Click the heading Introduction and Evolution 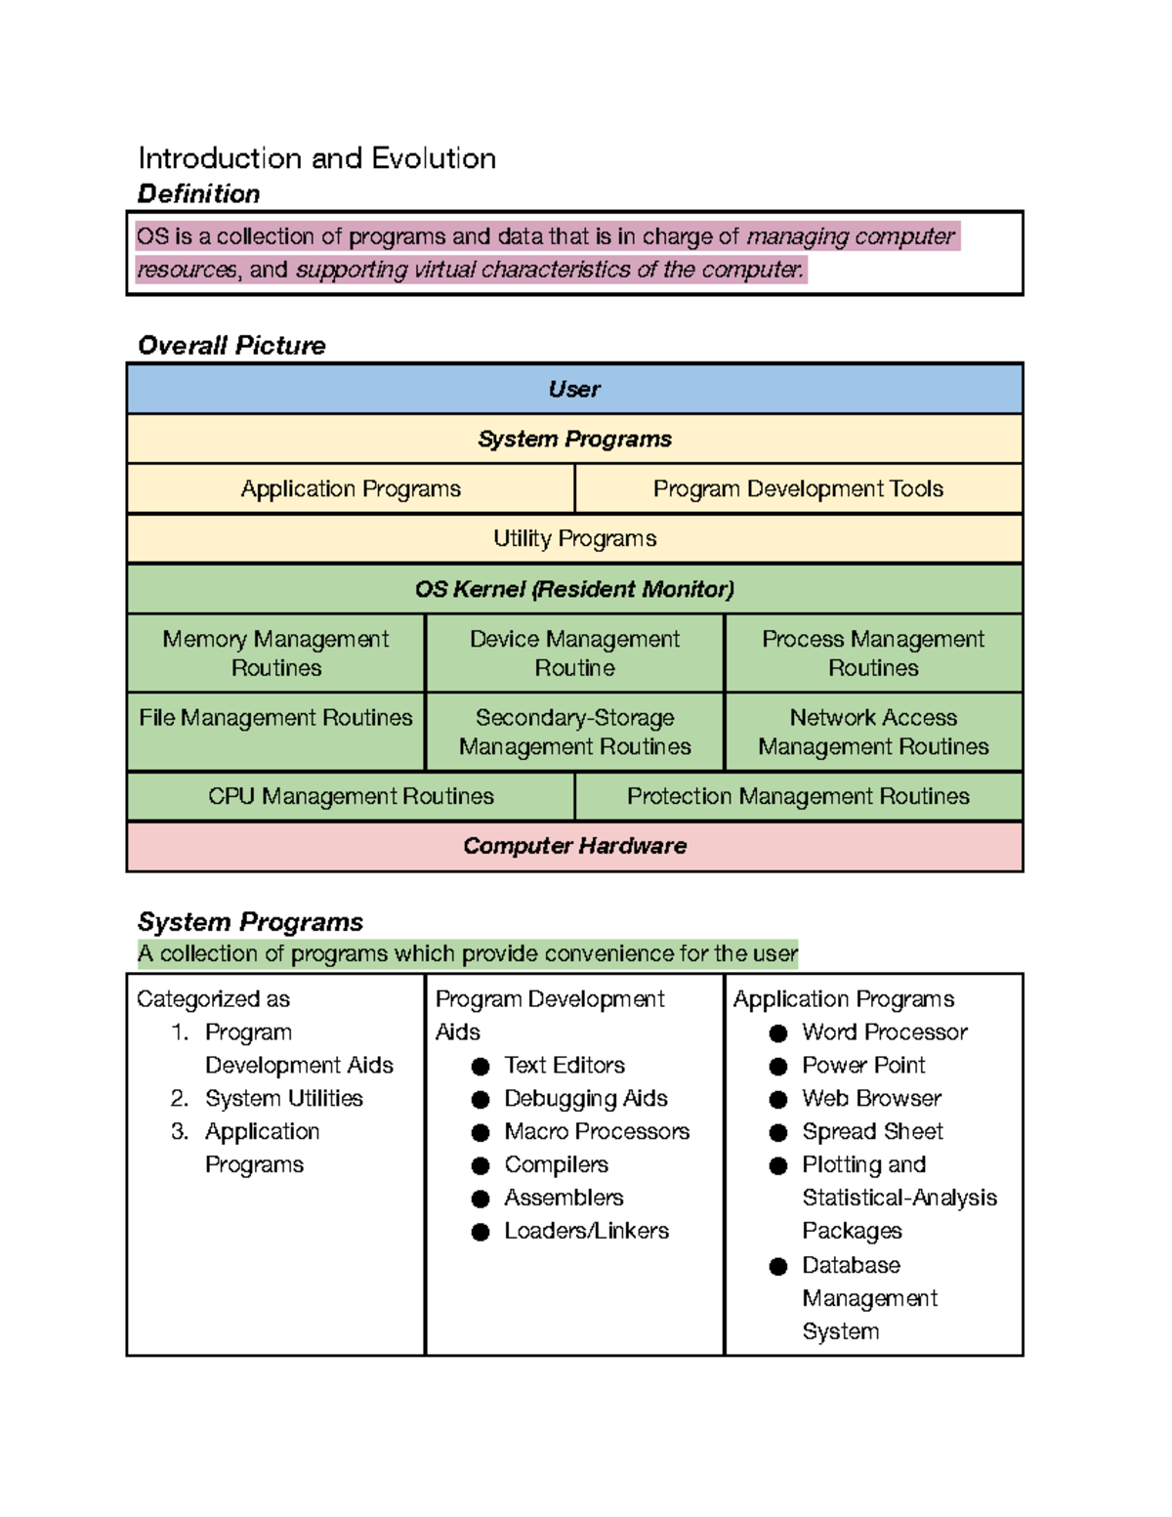(316, 158)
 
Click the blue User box (574, 389)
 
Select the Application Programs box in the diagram (351, 488)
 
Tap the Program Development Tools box (798, 488)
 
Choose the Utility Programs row (574, 538)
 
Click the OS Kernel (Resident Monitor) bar (574, 589)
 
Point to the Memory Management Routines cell (275, 653)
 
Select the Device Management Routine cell (574, 653)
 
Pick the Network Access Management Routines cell (873, 732)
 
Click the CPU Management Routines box (351, 796)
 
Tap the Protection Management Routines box (798, 796)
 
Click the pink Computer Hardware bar (574, 846)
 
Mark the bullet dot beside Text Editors (481, 1067)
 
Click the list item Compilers (556, 1164)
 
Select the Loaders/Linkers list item (586, 1231)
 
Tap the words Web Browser (871, 1098)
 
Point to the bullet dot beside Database (778, 1267)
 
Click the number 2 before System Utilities (178, 1098)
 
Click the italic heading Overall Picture (231, 346)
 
